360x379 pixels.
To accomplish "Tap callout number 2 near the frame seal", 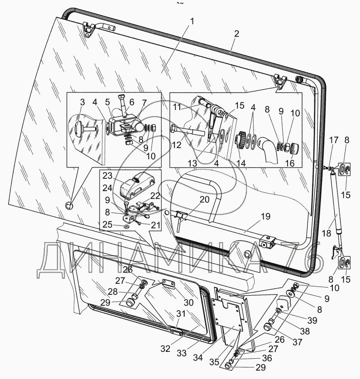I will tap(236, 34).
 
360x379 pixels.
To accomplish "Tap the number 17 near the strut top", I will tap(333, 141).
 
